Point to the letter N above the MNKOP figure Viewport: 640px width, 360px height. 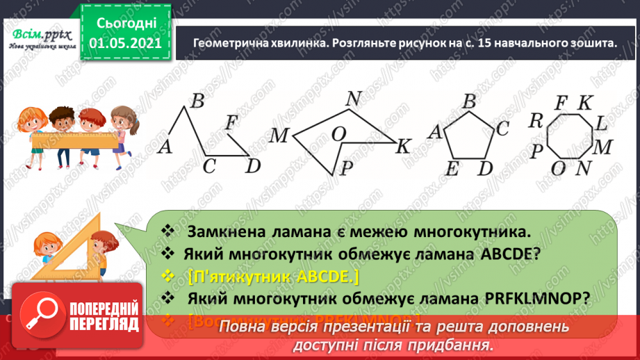[x=353, y=99]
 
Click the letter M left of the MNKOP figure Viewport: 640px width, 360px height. [x=279, y=135]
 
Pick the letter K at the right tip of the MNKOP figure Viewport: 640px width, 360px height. [x=404, y=147]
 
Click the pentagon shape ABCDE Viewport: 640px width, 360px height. [x=468, y=137]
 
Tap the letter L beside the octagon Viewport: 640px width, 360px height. [x=601, y=124]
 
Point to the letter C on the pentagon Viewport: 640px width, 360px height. [x=503, y=128]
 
